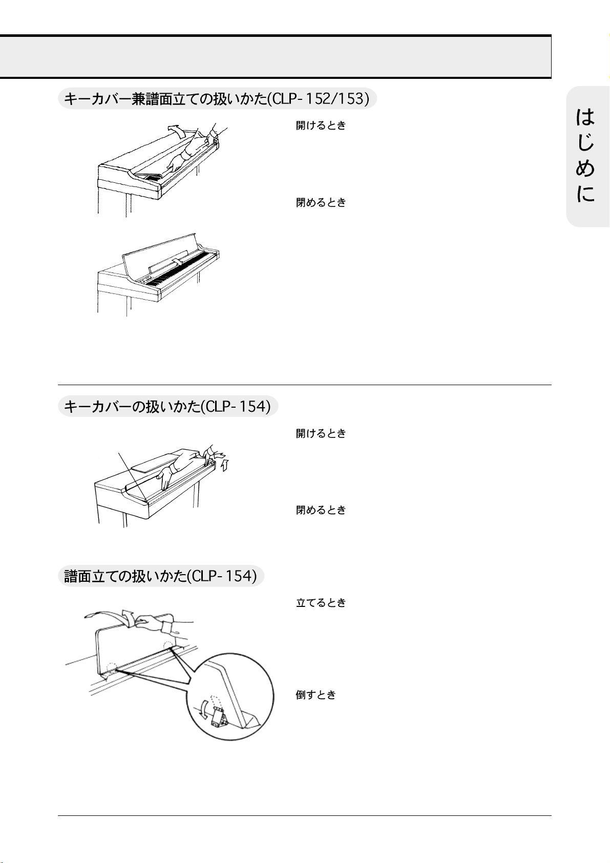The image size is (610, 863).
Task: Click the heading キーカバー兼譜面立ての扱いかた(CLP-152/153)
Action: [x=217, y=99]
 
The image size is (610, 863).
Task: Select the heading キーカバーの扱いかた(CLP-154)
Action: [x=168, y=406]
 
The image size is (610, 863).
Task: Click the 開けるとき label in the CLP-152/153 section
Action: [x=321, y=125]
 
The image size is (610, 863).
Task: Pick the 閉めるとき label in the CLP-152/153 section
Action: [x=321, y=202]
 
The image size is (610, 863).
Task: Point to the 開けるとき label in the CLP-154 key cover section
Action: [x=321, y=433]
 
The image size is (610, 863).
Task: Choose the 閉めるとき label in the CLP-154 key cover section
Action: [x=321, y=510]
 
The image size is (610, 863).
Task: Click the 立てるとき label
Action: [x=321, y=602]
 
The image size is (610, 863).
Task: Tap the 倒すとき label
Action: [x=316, y=695]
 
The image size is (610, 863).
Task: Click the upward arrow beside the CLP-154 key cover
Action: [x=225, y=465]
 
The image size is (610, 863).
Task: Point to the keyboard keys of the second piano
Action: [x=179, y=270]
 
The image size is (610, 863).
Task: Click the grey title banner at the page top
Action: [x=276, y=57]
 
